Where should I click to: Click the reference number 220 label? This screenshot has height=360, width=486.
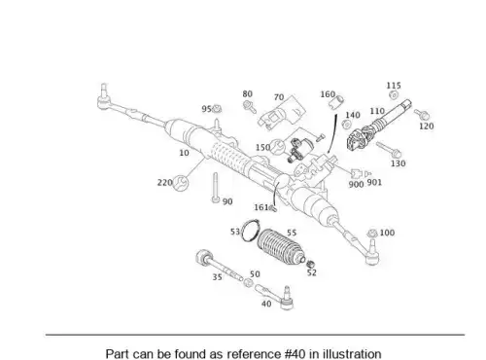click(164, 183)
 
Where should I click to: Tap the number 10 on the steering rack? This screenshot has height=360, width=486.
click(184, 153)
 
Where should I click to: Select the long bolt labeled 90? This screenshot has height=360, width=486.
click(216, 188)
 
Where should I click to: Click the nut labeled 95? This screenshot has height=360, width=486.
click(217, 108)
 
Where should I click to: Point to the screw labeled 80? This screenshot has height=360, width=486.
click(249, 106)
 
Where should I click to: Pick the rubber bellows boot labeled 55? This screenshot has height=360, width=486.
click(281, 246)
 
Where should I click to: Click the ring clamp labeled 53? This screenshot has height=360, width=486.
click(251, 231)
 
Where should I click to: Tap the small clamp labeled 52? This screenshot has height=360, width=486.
click(311, 264)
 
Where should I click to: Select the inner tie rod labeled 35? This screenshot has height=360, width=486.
click(219, 266)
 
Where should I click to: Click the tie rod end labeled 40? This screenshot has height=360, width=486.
click(275, 296)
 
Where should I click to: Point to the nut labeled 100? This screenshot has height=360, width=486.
click(372, 234)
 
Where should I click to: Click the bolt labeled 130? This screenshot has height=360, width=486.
click(389, 149)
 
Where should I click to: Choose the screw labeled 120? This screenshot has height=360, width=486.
click(422, 114)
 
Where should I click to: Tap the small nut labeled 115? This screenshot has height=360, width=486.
click(394, 95)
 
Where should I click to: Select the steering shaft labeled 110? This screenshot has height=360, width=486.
click(378, 126)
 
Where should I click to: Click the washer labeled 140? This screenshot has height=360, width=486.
click(346, 125)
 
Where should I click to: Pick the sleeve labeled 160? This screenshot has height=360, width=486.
click(336, 102)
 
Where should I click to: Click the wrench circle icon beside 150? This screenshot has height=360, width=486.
click(278, 147)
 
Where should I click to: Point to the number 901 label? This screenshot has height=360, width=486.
click(374, 183)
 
